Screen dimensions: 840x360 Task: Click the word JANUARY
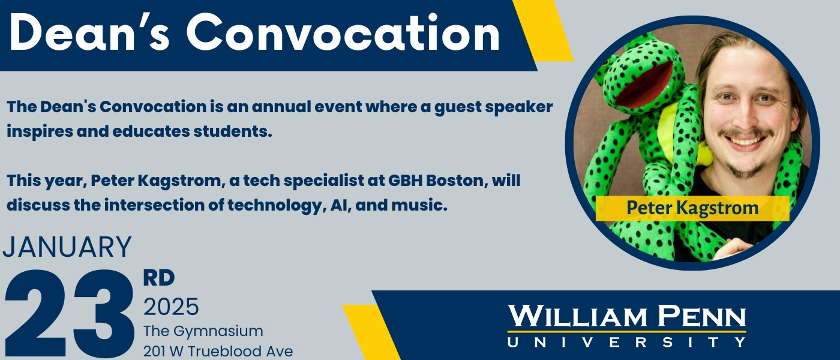point(67,247)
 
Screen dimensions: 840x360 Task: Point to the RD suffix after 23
point(159,278)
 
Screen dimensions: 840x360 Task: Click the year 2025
point(171,307)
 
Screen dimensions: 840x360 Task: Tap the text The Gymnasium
point(203,331)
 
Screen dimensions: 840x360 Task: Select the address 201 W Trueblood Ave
point(218,352)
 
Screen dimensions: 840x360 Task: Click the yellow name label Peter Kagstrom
point(692,208)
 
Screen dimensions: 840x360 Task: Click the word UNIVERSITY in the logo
point(626,342)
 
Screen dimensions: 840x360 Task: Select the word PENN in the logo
point(702,317)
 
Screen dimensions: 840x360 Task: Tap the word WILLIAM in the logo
point(577,317)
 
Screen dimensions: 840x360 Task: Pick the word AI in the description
point(341,205)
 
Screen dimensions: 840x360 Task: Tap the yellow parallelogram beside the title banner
point(543,31)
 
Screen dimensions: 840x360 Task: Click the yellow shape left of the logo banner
point(371,332)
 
